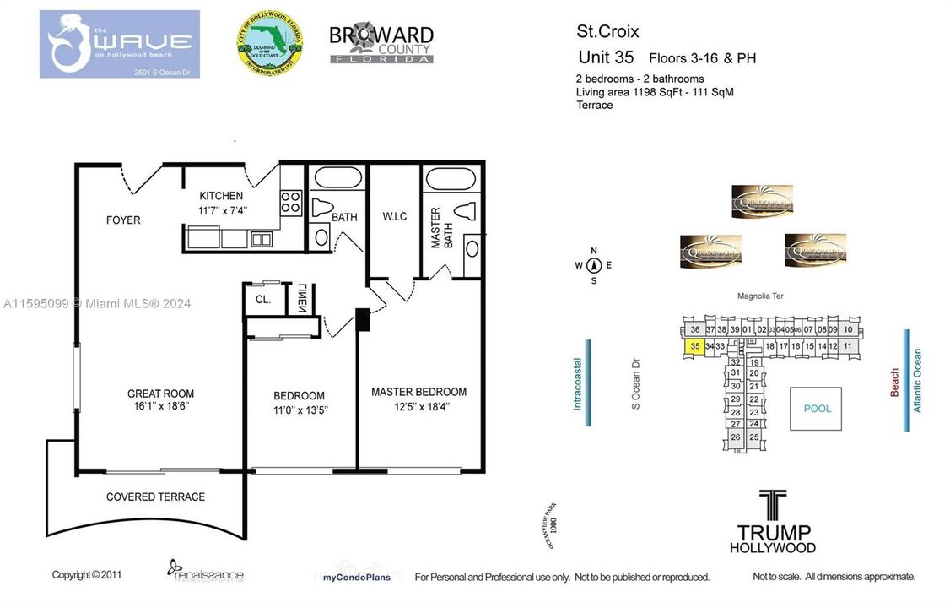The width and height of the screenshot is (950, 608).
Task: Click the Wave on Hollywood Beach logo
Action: coord(119,44)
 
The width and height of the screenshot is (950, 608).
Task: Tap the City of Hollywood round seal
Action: coord(269,44)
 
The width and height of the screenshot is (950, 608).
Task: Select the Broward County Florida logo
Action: coord(381,44)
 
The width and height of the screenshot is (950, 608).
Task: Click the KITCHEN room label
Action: coord(221,196)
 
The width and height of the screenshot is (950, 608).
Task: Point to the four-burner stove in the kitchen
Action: coord(291,202)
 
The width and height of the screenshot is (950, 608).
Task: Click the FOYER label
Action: coord(123,220)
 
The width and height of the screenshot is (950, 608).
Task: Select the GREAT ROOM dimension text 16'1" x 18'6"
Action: coord(160,406)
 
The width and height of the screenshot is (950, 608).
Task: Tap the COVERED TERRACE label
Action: coord(155,497)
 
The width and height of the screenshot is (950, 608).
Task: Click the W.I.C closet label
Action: coord(395,217)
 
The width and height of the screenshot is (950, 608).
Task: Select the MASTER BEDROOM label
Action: coord(418,392)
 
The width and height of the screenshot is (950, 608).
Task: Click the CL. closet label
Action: coord(262,300)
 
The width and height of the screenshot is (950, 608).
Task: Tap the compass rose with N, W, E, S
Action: coord(593,265)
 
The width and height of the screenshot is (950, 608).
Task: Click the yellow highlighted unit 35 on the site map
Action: coord(694,346)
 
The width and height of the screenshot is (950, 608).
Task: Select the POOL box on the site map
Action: coord(817,409)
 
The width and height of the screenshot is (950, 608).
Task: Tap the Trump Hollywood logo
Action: coord(774,522)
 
